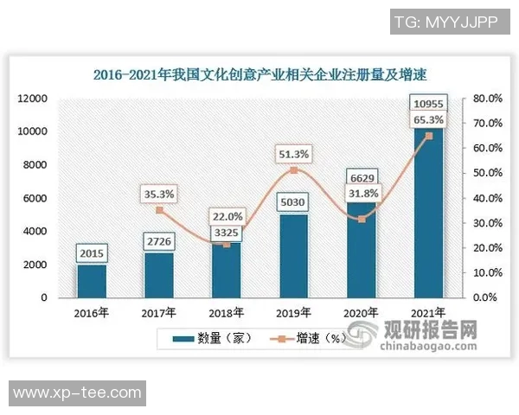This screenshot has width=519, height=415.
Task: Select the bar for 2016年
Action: pos(92,282)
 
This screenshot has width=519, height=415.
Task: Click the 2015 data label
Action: pos(92,254)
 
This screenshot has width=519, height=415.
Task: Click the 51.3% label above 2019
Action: pos(293,154)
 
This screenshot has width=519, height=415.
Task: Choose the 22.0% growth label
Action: pos(227,216)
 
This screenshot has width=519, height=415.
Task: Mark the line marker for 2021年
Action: pos(428,136)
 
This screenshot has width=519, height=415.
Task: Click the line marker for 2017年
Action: pos(159,210)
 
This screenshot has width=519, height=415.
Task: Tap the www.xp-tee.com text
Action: pos(76,393)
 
